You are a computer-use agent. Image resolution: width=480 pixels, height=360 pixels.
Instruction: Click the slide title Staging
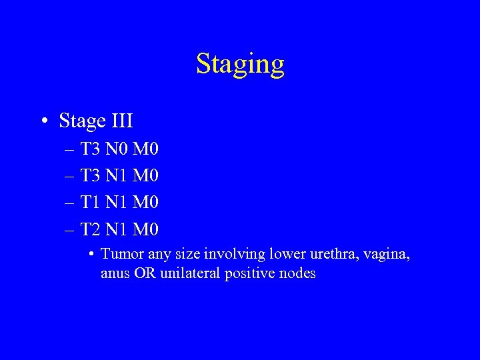(x=240, y=65)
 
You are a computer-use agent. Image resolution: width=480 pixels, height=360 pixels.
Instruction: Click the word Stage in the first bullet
(x=82, y=121)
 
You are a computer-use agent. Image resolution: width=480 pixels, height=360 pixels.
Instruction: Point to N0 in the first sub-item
(x=118, y=148)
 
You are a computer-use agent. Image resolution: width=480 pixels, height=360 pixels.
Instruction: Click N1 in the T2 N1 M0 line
(x=118, y=230)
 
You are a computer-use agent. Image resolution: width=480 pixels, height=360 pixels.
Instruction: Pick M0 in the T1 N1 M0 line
(x=146, y=203)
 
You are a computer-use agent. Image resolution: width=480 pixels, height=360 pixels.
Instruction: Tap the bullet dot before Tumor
(x=91, y=255)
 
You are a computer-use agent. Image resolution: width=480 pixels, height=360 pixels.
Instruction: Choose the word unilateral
(x=188, y=273)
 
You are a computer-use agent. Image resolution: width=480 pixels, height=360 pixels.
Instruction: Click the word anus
(x=114, y=273)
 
